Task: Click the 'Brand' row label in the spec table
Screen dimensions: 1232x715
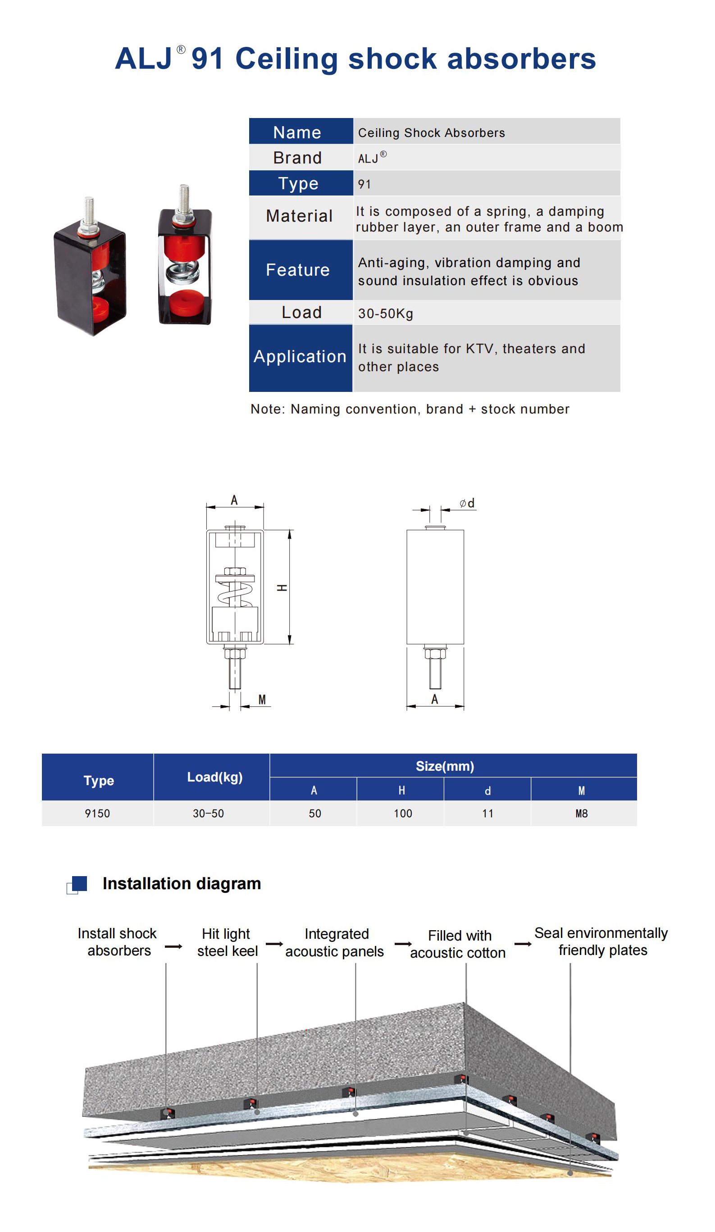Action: (x=297, y=158)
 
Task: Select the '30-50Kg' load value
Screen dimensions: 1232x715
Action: (x=385, y=314)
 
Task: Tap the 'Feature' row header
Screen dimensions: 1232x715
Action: (x=298, y=270)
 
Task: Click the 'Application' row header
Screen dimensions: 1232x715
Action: (x=300, y=356)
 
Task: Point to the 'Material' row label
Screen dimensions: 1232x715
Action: (x=299, y=216)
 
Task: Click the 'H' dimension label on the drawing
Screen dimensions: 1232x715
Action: (x=282, y=588)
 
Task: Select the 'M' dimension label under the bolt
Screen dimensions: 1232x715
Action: (x=262, y=700)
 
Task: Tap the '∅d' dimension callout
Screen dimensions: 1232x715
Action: (x=467, y=503)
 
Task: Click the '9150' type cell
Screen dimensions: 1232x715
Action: (x=97, y=814)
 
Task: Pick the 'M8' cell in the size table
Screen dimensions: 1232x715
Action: (x=582, y=814)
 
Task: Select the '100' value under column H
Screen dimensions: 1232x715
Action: (x=403, y=814)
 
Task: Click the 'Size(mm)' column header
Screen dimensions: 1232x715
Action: (x=445, y=766)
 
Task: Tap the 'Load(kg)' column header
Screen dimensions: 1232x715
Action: (x=215, y=777)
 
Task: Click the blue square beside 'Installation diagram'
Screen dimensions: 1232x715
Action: (x=79, y=883)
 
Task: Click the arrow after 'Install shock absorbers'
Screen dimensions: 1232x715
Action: (x=173, y=946)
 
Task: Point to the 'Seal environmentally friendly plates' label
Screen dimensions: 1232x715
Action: (x=601, y=941)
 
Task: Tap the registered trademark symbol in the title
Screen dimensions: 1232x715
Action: (x=181, y=50)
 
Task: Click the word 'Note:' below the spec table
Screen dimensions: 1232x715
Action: (x=268, y=409)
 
